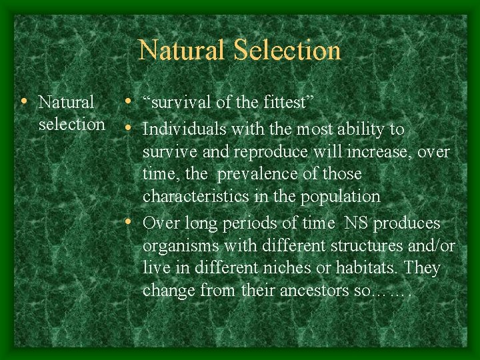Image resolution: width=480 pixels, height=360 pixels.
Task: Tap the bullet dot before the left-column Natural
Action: (24, 102)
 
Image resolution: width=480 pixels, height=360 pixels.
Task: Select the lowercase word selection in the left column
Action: (71, 125)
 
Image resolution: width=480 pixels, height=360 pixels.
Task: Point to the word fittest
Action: (285, 103)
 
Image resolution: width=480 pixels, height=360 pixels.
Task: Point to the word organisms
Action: (179, 245)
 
